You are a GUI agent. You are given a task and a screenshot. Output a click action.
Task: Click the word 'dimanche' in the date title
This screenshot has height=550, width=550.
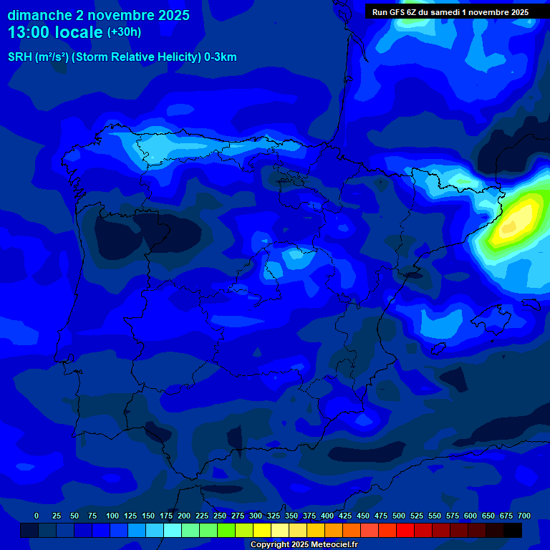click(39, 15)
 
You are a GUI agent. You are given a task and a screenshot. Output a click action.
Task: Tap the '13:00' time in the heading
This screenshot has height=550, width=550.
click(29, 32)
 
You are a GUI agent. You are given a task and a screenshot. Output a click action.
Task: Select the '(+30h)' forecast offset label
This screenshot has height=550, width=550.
click(124, 32)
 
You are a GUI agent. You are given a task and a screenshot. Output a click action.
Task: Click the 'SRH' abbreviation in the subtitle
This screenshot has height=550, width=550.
click(20, 57)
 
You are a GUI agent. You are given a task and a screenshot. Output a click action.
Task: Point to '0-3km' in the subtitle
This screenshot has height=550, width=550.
click(220, 57)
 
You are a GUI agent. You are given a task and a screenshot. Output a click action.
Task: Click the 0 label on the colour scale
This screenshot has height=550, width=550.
click(37, 516)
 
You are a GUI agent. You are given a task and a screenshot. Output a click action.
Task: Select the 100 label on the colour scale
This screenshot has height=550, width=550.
click(112, 516)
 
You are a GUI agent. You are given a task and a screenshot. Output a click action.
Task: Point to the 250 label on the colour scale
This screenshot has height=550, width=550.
click(220, 516)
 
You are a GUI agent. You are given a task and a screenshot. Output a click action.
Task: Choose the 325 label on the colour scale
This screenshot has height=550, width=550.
click(274, 516)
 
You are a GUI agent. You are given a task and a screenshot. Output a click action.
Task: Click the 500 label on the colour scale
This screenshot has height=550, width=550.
click(399, 516)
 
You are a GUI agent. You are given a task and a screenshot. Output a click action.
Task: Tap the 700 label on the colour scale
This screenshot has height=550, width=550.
click(524, 516)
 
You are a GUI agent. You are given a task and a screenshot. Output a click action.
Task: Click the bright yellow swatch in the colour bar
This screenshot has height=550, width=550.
click(262, 530)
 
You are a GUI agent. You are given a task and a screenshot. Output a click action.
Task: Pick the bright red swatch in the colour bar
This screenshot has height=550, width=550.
click(405, 530)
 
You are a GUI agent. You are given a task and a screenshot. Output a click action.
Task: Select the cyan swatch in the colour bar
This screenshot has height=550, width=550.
click(173, 530)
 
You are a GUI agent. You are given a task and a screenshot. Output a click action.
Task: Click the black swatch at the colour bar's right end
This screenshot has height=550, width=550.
click(513, 530)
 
